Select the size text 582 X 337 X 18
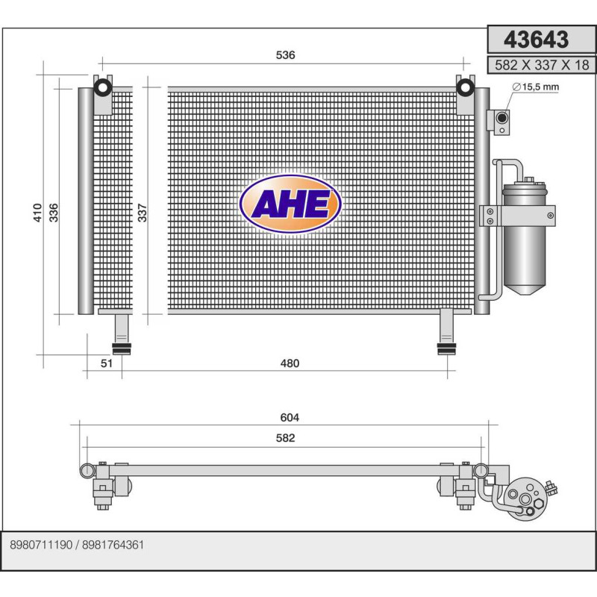click(541, 65)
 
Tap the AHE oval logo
click(290, 204)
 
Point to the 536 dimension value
click(286, 55)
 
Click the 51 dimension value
click(106, 363)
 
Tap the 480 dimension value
click(290, 363)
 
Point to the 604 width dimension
click(290, 418)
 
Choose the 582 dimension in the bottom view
click(285, 438)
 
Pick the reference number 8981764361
click(113, 545)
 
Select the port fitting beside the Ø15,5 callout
click(502, 118)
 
